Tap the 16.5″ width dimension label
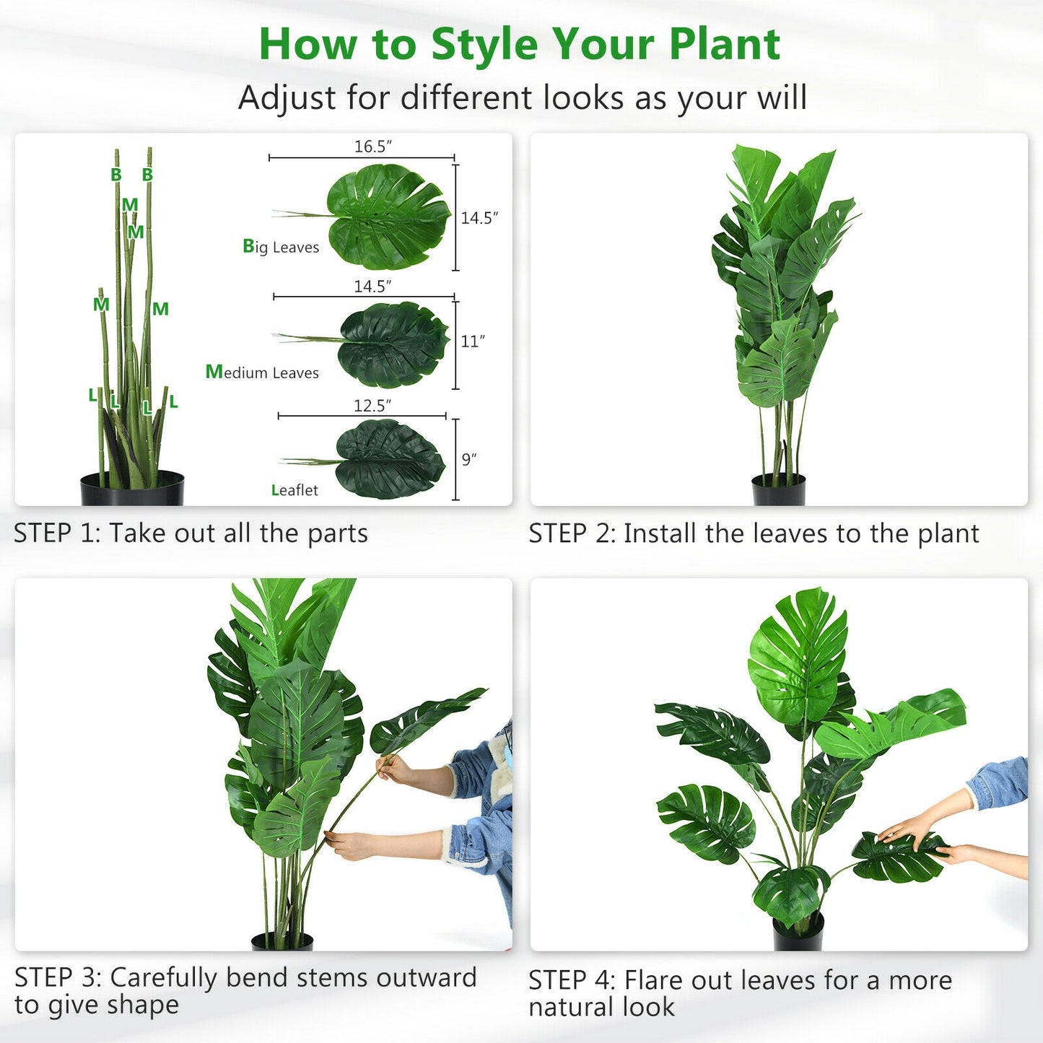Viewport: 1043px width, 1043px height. tap(372, 147)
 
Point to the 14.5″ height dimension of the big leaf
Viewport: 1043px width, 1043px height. tap(479, 217)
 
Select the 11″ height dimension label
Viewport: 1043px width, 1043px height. tap(473, 341)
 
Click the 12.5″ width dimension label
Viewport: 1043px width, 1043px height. tap(372, 406)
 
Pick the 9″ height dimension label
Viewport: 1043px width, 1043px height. tap(469, 460)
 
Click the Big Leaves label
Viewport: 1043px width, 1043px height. tap(281, 247)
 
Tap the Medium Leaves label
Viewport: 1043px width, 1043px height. tap(262, 372)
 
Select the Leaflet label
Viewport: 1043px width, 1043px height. tap(294, 490)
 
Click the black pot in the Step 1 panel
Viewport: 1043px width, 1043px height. tap(132, 489)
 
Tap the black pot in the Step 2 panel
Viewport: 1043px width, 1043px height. tap(778, 490)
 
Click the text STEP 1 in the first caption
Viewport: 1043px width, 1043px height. tap(56, 533)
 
